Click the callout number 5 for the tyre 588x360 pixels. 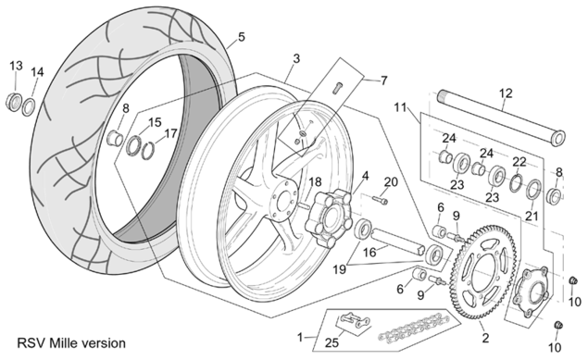click(242, 37)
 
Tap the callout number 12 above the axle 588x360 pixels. click(506, 93)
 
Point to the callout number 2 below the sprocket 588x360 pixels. click(485, 338)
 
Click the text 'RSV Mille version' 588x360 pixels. click(71, 343)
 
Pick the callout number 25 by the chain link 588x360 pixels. click(332, 342)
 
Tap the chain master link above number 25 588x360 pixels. click(353, 320)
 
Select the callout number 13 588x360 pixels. click(16, 66)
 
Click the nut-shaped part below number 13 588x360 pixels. click(14, 102)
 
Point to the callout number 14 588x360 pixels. click(37, 72)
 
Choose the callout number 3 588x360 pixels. click(296, 59)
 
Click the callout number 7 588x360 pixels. click(383, 81)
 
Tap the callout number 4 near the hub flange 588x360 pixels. click(365, 176)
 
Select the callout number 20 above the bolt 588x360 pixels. click(391, 182)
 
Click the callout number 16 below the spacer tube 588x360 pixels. click(369, 253)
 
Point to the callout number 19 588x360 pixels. click(340, 269)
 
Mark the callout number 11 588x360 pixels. click(401, 108)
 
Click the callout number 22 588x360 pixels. click(519, 162)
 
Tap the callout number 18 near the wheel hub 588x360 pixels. click(315, 182)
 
